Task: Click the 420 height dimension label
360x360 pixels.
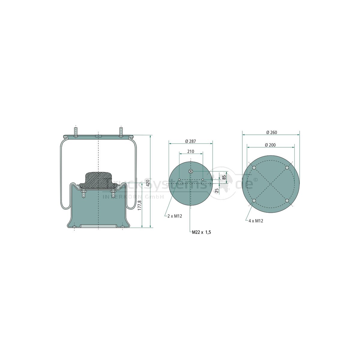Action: point(147,183)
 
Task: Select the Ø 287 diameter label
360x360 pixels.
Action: point(190,141)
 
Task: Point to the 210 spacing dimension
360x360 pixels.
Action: point(190,151)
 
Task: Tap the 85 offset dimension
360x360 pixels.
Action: point(224,177)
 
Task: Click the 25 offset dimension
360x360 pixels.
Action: point(217,190)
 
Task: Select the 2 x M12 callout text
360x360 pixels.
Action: point(175,216)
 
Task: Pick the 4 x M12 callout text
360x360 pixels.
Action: point(256,221)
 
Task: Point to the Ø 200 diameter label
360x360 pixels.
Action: point(271,145)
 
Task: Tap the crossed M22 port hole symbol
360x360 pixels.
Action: point(191,171)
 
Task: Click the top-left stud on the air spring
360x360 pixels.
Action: point(76,132)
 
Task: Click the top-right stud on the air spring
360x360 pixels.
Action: point(121,132)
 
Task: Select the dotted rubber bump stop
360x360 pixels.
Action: point(98,180)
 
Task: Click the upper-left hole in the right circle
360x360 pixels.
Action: point(254,168)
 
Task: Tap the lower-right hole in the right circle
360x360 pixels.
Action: point(287,200)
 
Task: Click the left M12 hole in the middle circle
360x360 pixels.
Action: point(179,180)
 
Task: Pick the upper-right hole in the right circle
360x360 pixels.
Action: point(287,168)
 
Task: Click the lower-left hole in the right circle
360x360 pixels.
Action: point(254,200)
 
